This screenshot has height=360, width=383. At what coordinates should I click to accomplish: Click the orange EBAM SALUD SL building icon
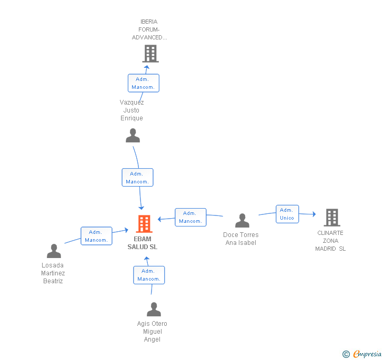(x=144, y=224)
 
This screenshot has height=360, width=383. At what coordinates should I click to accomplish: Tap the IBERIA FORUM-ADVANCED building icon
(x=150, y=53)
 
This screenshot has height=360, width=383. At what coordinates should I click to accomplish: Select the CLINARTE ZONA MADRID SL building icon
(x=331, y=217)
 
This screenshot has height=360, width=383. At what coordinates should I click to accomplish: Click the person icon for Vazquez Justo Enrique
(x=133, y=136)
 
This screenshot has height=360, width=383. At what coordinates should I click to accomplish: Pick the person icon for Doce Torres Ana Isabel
(x=242, y=221)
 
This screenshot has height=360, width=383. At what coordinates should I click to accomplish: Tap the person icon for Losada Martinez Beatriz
(x=54, y=251)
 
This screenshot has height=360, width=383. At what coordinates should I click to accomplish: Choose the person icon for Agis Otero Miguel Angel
(x=154, y=309)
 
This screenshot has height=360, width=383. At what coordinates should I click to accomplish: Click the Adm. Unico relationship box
(x=287, y=214)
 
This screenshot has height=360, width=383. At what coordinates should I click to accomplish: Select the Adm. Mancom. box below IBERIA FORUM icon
(x=143, y=83)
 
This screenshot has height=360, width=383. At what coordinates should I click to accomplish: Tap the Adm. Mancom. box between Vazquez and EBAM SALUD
(x=137, y=178)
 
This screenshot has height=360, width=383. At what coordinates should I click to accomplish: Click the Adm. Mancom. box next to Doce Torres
(x=190, y=217)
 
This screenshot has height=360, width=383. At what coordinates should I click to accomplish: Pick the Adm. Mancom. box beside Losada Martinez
(x=96, y=236)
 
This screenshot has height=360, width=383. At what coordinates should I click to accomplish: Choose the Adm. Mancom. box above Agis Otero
(x=149, y=275)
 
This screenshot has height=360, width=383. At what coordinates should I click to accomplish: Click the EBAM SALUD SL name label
(x=142, y=243)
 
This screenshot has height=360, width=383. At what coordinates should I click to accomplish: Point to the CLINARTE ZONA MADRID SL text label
(x=330, y=241)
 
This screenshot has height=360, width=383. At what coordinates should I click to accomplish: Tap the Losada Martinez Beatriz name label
(x=53, y=273)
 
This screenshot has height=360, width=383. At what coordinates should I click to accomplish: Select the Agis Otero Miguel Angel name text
(x=152, y=332)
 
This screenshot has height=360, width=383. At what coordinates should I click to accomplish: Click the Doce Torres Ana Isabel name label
(x=241, y=239)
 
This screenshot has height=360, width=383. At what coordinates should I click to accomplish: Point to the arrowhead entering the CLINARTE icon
(x=314, y=214)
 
